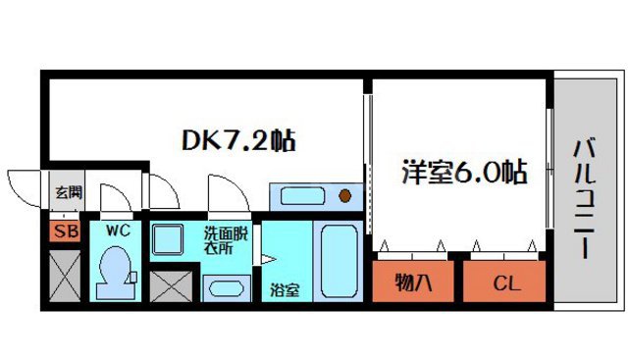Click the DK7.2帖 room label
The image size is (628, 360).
(239, 140)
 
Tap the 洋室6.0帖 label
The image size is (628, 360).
(462, 173)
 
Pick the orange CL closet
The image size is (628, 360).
(505, 284)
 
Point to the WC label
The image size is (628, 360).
(118, 231)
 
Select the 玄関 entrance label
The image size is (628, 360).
(68, 192)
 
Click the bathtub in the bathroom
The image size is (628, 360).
(339, 260)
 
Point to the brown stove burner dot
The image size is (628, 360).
(345, 194)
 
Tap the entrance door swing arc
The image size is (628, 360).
(27, 183)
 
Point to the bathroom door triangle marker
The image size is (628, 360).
(265, 259)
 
